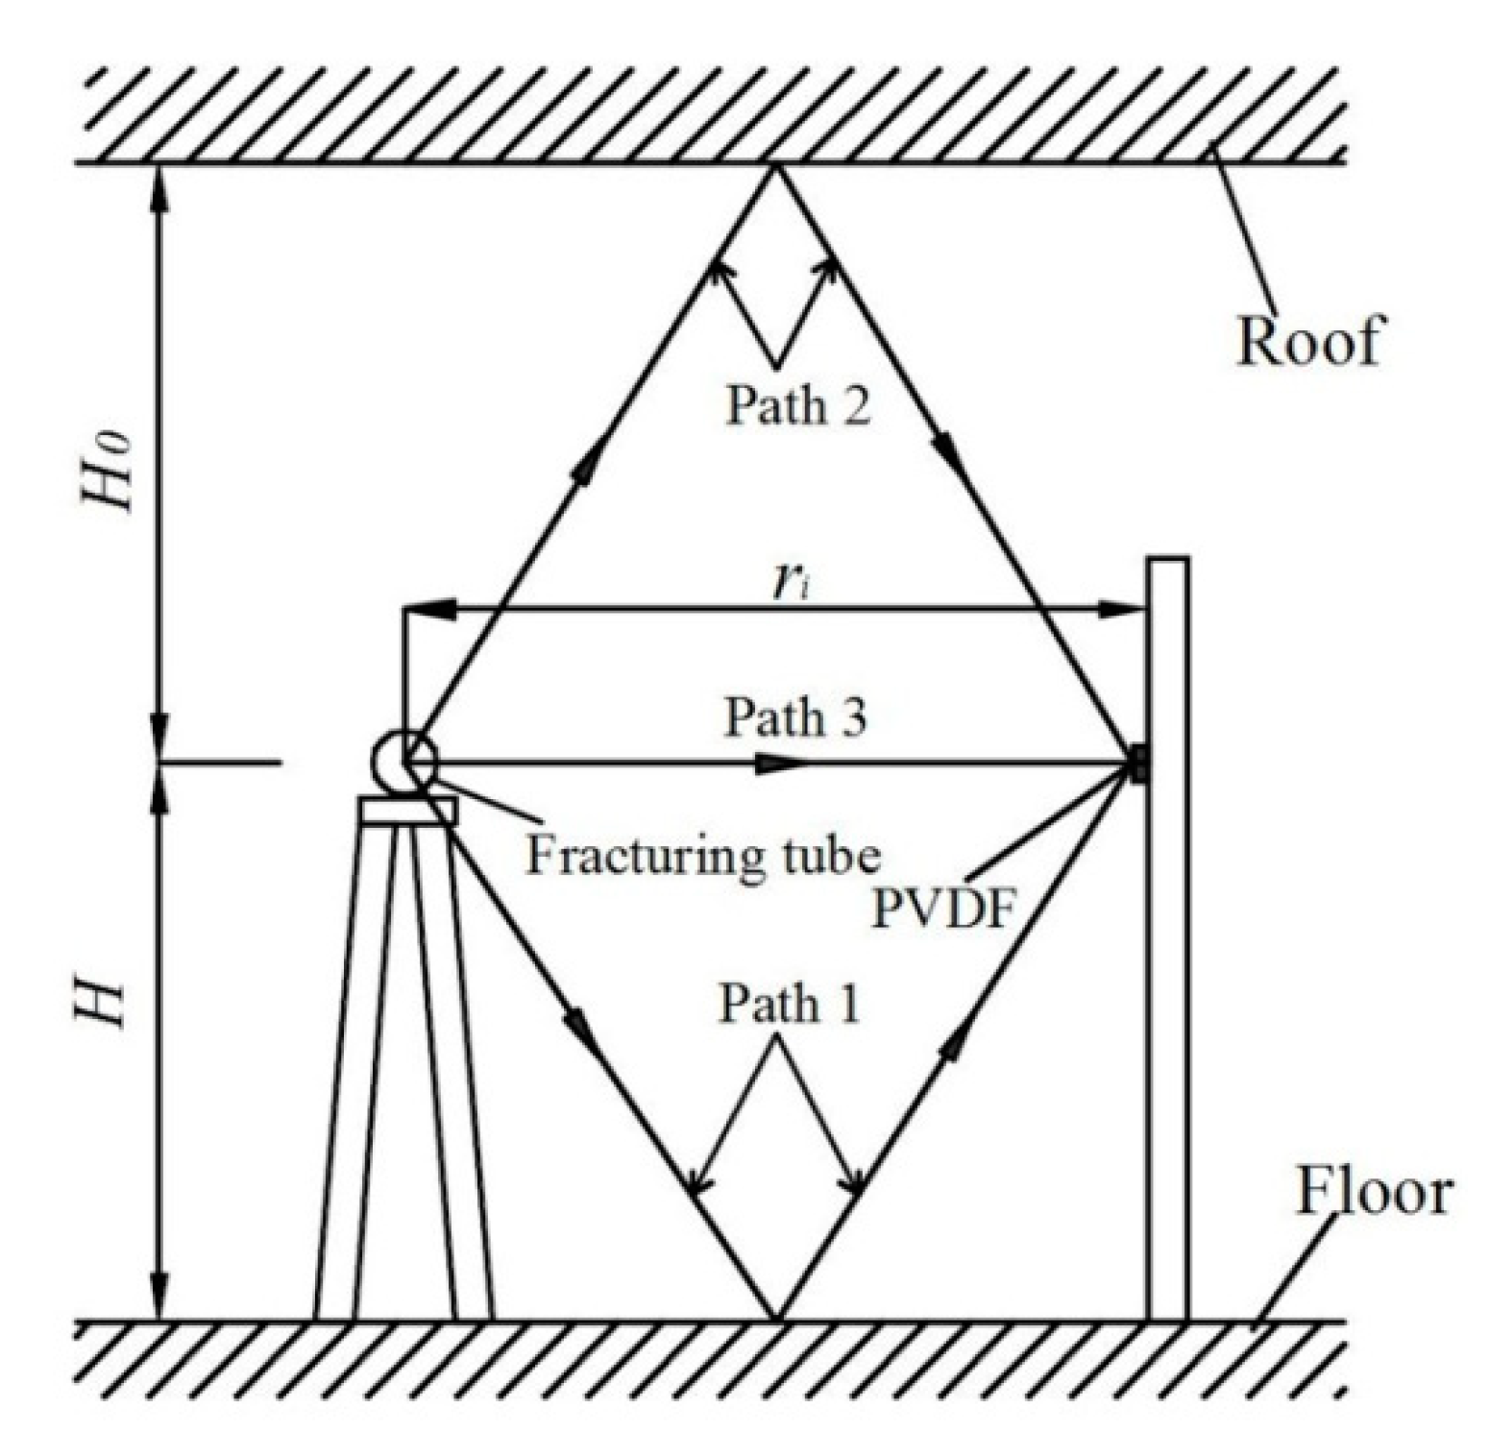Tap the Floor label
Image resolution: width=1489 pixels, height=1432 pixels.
[1374, 1194]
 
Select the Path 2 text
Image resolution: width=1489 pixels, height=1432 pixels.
[797, 404]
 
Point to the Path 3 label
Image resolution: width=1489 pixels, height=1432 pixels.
[795, 716]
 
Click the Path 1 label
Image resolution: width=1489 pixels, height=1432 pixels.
[790, 1005]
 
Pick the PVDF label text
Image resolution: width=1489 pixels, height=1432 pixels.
[942, 909]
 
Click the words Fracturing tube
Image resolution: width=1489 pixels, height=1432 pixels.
[702, 856]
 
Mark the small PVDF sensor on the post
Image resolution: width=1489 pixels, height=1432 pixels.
[1139, 765]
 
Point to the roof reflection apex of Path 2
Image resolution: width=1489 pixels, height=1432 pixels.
[776, 167]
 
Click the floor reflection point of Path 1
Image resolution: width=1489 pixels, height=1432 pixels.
[776, 1318]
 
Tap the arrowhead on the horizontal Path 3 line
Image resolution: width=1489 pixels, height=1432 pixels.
[778, 765]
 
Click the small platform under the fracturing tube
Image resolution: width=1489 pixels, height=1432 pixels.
[408, 812]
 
